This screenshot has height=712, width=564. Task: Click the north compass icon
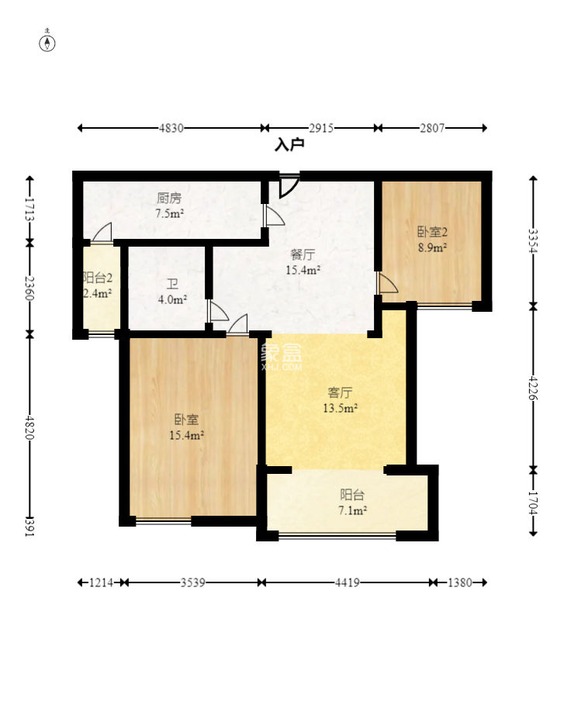(47, 43)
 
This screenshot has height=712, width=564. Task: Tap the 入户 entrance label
(289, 145)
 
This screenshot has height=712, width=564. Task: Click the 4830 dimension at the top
(171, 128)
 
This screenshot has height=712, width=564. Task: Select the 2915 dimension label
(321, 128)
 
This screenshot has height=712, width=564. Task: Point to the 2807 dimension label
(432, 128)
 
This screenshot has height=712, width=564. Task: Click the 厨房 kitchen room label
(169, 198)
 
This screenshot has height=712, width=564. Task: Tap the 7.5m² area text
(169, 213)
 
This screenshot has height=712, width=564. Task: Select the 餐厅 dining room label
(303, 254)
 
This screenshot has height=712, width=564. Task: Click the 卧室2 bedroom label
(432, 232)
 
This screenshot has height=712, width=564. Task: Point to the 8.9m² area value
(432, 247)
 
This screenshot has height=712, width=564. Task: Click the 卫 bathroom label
(172, 284)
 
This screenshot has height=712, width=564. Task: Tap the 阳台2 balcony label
(98, 278)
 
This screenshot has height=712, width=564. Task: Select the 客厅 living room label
(340, 392)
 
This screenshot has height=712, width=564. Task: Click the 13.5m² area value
(340, 408)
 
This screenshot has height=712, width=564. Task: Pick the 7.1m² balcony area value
(352, 510)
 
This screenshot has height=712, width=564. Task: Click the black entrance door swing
(289, 185)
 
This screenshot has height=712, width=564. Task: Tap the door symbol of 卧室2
(386, 283)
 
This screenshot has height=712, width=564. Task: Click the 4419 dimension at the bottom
(348, 582)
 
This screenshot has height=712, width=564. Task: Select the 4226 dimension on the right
(533, 388)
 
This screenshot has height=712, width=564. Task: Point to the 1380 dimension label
(459, 582)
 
